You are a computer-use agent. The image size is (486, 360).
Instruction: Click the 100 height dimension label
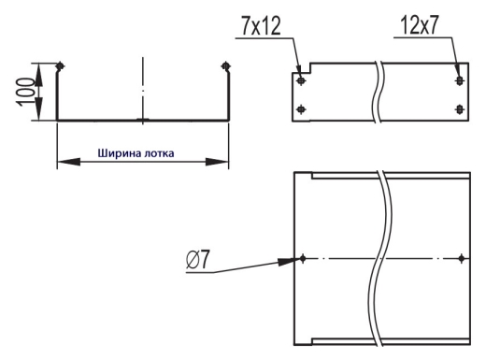coord(25,92)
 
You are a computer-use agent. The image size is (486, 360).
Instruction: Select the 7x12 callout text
coord(261,25)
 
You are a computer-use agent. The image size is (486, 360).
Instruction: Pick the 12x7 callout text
coord(420,25)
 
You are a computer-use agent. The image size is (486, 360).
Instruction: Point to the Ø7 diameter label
coord(198,259)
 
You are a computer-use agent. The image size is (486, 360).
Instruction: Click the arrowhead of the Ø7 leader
coord(287,261)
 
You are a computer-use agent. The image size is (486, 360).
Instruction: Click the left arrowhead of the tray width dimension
coord(68,162)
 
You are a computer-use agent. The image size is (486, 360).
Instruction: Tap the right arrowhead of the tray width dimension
coord(217,162)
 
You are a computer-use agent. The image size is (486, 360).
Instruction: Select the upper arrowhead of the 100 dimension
coord(38,75)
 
